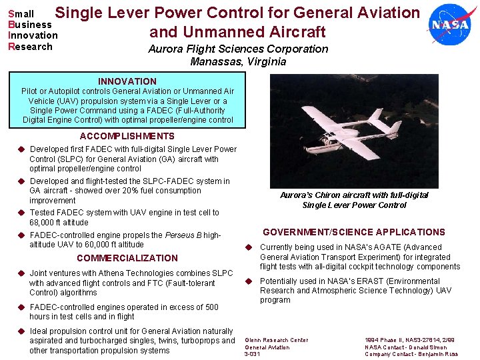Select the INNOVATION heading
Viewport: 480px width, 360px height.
[127, 81]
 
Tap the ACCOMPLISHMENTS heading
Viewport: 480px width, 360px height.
[127, 136]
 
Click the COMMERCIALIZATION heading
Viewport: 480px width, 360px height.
[127, 258]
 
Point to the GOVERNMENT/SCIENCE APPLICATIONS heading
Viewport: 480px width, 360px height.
[353, 232]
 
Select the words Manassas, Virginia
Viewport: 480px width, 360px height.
[238, 62]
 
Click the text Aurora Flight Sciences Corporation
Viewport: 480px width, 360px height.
[238, 49]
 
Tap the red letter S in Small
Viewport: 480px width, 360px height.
[11, 13]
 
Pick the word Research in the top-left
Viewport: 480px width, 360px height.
[30, 47]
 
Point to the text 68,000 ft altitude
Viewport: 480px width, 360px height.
[59, 223]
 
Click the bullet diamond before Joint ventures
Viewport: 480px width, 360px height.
[21, 273]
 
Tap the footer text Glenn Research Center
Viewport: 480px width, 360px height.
[277, 340]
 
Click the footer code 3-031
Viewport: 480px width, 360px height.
[253, 354]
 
